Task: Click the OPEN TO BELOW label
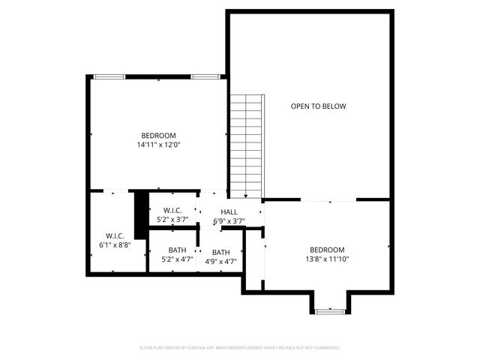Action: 319,106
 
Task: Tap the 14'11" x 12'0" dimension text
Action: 159,145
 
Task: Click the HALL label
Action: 229,212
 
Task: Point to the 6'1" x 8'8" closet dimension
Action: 115,244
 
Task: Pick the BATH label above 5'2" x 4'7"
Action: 178,250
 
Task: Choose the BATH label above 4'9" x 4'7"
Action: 221,252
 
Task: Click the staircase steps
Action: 247,142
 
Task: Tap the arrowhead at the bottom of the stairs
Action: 246,195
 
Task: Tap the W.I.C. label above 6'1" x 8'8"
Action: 115,235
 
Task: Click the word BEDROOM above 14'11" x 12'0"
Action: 159,135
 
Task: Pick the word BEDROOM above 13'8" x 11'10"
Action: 327,250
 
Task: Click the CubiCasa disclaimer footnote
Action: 240,348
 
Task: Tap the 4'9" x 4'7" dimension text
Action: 221,262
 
